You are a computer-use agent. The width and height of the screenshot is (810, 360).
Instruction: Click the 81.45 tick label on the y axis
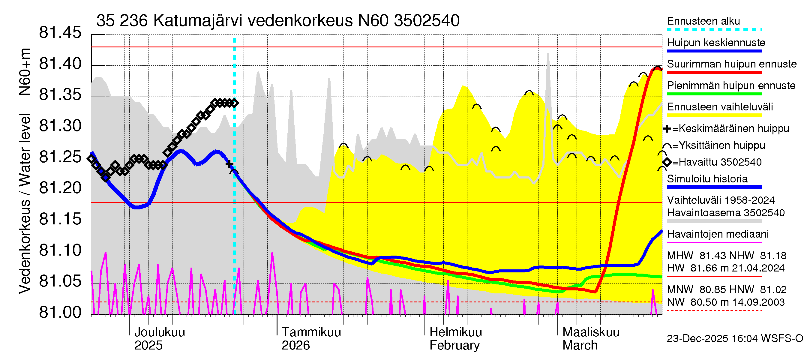point(60,33)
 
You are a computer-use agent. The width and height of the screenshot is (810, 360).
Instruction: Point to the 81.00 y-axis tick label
point(60,313)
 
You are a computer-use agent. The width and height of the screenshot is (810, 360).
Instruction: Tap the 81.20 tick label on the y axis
point(60,188)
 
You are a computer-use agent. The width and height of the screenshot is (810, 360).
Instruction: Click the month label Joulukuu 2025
point(159,339)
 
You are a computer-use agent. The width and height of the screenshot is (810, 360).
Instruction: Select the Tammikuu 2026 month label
point(311,339)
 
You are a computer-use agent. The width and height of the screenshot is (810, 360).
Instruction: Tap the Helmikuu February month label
point(455,339)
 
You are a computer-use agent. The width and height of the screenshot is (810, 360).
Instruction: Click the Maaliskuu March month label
point(590,339)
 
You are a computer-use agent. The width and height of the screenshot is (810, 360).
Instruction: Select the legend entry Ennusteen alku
point(703,21)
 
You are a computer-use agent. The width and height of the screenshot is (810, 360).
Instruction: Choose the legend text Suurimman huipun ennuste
point(731,64)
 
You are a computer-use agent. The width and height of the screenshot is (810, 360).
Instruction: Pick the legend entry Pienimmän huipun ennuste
point(731,85)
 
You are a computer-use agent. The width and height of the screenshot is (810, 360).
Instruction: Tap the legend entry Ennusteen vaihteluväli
point(719,107)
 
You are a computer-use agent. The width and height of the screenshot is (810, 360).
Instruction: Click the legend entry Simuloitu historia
point(707,179)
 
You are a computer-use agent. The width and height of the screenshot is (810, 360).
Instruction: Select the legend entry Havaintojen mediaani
point(718,234)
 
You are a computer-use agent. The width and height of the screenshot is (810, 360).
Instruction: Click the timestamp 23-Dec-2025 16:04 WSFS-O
point(734,339)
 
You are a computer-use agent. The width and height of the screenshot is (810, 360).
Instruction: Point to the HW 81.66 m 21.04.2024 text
point(726,268)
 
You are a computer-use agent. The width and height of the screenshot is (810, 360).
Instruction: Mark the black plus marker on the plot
point(229,164)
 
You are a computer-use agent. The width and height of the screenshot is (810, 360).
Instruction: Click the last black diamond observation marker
point(235,103)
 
